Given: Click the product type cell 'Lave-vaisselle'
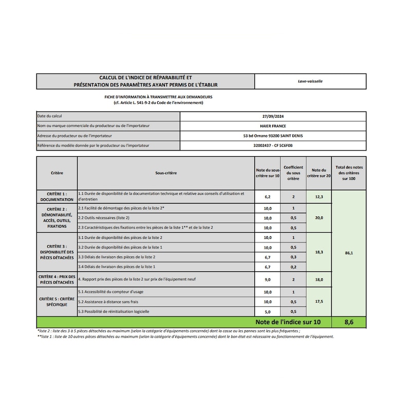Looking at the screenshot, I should pyautogui.click(x=310, y=81).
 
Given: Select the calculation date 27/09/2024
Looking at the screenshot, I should pyautogui.click(x=273, y=116).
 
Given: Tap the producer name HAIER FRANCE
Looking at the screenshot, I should pyautogui.click(x=273, y=126).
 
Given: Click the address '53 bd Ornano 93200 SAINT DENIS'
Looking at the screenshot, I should pyautogui.click(x=273, y=136).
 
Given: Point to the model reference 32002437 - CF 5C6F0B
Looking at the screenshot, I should pyautogui.click(x=273, y=146).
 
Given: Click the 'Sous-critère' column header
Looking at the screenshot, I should pyautogui.click(x=165, y=173).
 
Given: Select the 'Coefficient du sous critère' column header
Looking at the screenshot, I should pyautogui.click(x=293, y=173).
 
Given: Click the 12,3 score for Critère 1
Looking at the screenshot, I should pyautogui.click(x=319, y=197).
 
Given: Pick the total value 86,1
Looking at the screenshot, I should pyautogui.click(x=349, y=253).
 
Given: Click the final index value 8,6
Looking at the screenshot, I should pyautogui.click(x=349, y=322).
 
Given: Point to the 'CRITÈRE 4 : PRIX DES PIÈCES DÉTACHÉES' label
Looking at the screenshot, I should pyautogui.click(x=57, y=279).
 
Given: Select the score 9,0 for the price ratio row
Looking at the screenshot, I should pyautogui.click(x=267, y=279).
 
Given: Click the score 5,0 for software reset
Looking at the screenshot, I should pyautogui.click(x=267, y=311).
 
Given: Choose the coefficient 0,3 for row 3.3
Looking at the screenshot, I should pyautogui.click(x=293, y=256).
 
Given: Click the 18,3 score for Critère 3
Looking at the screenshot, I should pyautogui.click(x=319, y=252).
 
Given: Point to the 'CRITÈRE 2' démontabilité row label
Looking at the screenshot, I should pyautogui.click(x=57, y=217).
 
